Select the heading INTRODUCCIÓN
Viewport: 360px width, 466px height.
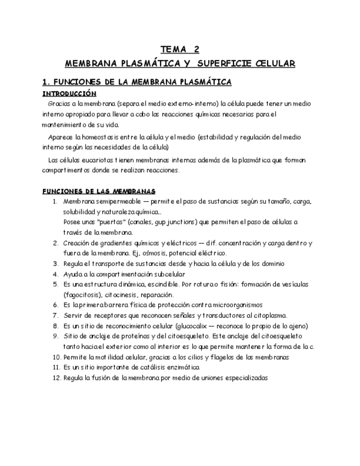pos(69,93)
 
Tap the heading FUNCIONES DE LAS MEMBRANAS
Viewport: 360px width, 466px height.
pos(99,191)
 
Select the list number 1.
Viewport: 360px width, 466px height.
pos(55,202)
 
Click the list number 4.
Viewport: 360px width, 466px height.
pos(55,274)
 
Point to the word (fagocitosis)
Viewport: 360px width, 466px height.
pos(81,295)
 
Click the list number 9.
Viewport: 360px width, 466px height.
pos(55,336)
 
